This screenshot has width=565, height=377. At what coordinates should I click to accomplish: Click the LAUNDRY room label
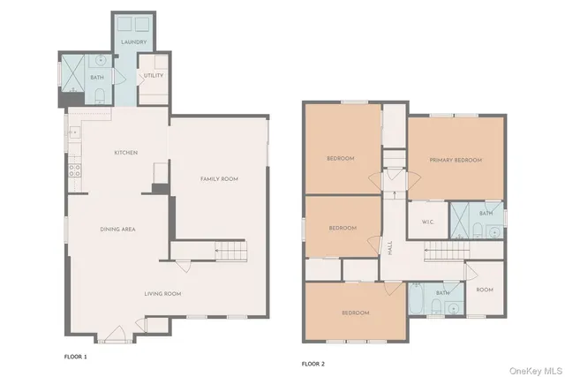pyautogui.click(x=133, y=41)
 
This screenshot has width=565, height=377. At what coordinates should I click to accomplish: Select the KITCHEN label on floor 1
pyautogui.click(x=125, y=153)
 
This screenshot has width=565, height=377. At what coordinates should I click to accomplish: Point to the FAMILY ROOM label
pyautogui.click(x=219, y=179)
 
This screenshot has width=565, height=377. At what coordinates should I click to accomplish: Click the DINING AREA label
pyautogui.click(x=116, y=229)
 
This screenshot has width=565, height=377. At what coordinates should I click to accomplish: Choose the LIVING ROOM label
pyautogui.click(x=163, y=293)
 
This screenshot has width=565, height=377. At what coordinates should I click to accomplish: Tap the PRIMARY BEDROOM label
pyautogui.click(x=456, y=160)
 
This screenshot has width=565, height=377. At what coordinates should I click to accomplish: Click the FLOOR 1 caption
pyautogui.click(x=77, y=357)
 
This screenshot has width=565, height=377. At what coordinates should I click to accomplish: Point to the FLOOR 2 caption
pyautogui.click(x=314, y=363)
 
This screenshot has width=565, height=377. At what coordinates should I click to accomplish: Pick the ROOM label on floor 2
pyautogui.click(x=485, y=290)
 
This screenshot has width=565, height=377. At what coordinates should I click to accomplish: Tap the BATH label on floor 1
pyautogui.click(x=97, y=78)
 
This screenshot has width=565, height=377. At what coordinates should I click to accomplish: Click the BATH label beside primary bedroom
pyautogui.click(x=486, y=213)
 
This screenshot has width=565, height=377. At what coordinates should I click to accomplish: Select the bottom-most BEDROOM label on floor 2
pyautogui.click(x=356, y=313)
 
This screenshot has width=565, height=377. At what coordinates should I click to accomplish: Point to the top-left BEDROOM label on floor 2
pyautogui.click(x=341, y=158)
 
